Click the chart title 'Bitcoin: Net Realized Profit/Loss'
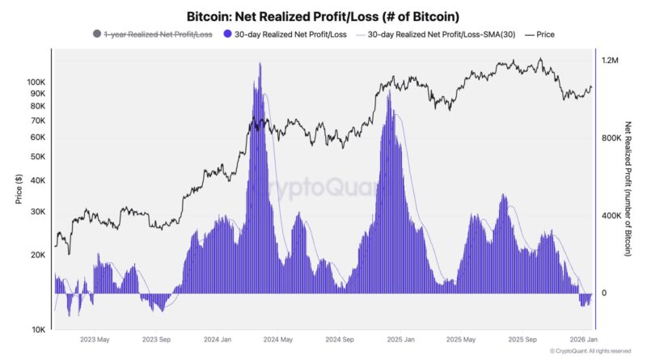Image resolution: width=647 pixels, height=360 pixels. pyautogui.click(x=323, y=15)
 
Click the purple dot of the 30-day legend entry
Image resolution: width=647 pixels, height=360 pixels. pyautogui.click(x=227, y=35)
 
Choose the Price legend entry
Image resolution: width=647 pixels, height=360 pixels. pyautogui.click(x=540, y=35)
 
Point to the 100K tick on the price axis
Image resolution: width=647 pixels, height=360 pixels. pyautogui.click(x=36, y=83)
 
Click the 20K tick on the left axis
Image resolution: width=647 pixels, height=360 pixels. pyautogui.click(x=38, y=255)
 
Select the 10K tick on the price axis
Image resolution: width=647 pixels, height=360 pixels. pyautogui.click(x=38, y=330)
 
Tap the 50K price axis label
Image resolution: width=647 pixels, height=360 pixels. pyautogui.click(x=38, y=156)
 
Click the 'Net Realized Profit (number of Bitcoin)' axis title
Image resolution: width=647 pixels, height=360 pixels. pyautogui.click(x=628, y=189)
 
